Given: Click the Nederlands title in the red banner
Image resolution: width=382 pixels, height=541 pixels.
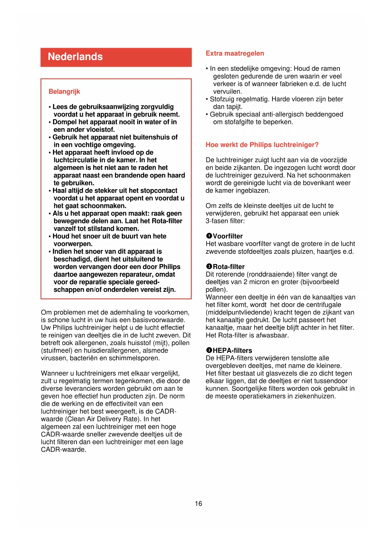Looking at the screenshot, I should coord(75,57).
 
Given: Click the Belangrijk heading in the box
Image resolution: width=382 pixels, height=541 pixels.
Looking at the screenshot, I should coord(64,92).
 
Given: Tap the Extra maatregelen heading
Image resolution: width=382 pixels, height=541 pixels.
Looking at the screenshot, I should coord(235,53).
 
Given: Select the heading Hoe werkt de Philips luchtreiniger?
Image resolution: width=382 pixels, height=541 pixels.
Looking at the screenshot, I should coord(262,145).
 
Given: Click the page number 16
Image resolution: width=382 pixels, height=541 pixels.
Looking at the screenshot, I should coord(198,504).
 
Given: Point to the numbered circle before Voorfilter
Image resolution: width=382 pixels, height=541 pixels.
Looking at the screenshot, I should coord(209,236).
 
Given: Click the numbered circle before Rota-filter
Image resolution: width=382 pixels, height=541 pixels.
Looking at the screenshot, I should coord(209,266).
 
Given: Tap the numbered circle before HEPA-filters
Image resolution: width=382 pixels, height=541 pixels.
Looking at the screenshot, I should coord(209,350).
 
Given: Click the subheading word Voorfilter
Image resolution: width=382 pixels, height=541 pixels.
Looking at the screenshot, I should coord(228,236).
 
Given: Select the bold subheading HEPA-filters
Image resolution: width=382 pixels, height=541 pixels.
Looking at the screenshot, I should coord(232,351).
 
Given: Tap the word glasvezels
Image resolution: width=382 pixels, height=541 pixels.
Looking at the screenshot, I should coord(282,374).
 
